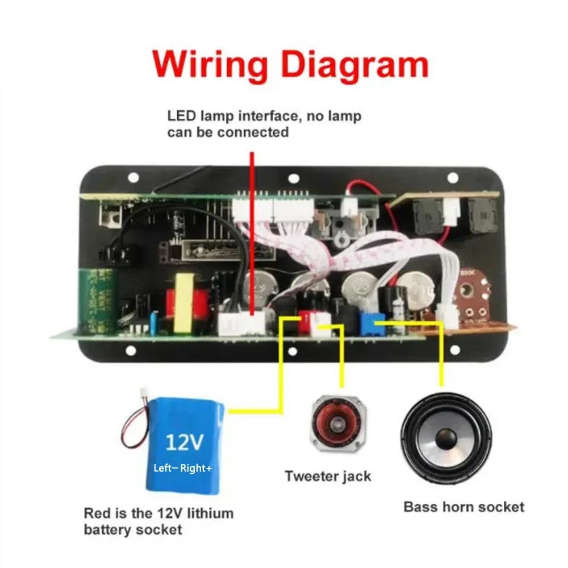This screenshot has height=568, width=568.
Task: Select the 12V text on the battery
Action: click(183, 441)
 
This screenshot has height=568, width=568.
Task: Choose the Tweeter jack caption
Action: click(328, 476)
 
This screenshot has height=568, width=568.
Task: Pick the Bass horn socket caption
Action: click(463, 506)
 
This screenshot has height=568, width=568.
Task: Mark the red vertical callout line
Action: click(252, 227)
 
